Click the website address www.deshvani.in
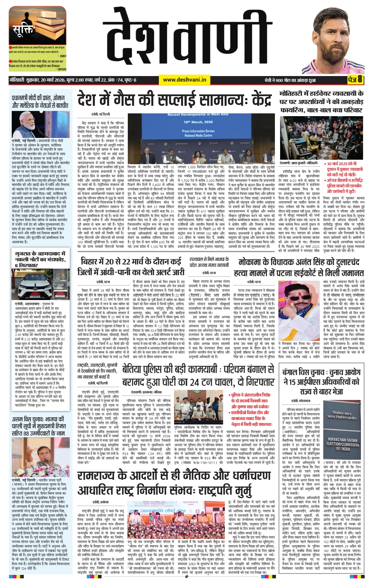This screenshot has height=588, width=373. pyautogui.click(x=184, y=80)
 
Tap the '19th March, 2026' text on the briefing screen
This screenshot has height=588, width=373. pyautogui.click(x=198, y=122)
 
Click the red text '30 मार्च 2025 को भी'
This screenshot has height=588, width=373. pyautogui.click(x=342, y=164)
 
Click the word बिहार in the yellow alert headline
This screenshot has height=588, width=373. pyautogui.click(x=92, y=261)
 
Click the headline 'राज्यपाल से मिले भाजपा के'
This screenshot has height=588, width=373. pyautogui.click(x=209, y=259)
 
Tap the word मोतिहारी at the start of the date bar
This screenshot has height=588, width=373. pyautogui.click(x=19, y=80)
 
